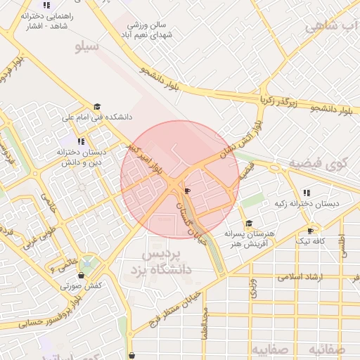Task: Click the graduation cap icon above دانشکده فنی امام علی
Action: [x=96, y=107]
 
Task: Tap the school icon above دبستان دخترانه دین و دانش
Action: [x=82, y=141]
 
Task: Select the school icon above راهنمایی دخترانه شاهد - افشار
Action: [x=46, y=6]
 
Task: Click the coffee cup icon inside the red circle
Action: [x=186, y=191]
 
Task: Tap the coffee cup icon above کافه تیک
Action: [x=311, y=231]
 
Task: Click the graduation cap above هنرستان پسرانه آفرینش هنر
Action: [x=249, y=223]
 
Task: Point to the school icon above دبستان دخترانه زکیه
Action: [x=307, y=193]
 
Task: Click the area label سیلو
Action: [x=89, y=47]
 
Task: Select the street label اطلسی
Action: [x=343, y=245]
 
